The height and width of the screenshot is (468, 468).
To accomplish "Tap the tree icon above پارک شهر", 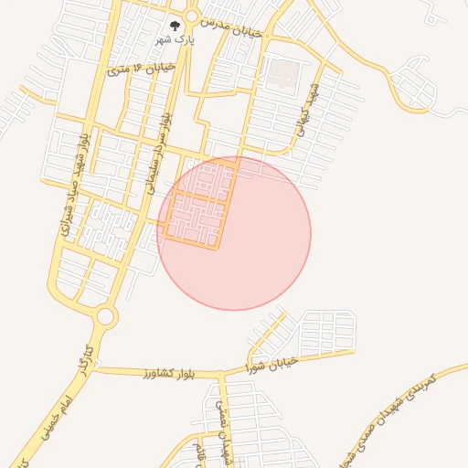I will pos(175,27).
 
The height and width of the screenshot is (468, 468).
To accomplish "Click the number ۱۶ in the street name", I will pos(137,67).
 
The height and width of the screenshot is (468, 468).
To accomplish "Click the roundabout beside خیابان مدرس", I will pos(191,16).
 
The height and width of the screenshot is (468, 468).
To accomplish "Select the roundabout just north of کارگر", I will pos(106,317).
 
